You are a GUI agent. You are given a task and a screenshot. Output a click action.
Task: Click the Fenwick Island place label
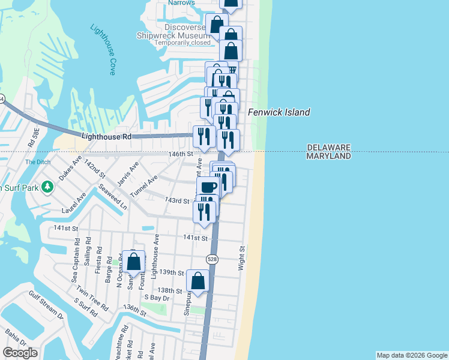[x=279, y=112]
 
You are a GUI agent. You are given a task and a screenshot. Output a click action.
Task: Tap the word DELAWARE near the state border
[x=328, y=147]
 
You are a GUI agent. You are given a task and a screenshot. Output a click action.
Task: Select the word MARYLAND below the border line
[x=328, y=156]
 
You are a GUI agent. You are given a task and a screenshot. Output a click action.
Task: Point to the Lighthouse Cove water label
[x=103, y=49]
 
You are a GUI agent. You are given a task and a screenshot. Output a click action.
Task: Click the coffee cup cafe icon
[x=208, y=187]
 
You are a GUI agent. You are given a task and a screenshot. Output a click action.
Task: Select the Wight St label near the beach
[x=243, y=257]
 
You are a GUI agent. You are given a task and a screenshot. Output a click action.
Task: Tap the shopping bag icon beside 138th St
[x=198, y=281]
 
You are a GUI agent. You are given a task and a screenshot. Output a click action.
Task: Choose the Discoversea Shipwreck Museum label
[x=181, y=31]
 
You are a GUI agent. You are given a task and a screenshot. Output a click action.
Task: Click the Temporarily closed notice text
[x=182, y=43]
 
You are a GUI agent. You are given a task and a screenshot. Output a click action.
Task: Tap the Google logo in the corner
[x=19, y=353]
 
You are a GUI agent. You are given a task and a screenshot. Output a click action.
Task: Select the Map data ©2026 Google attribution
[x=412, y=355]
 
